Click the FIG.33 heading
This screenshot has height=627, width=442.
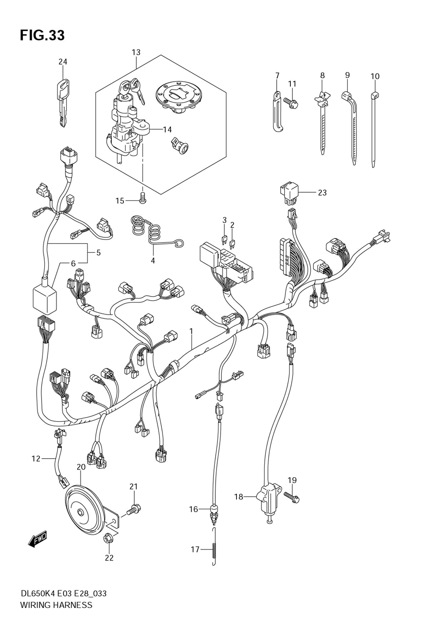click(42, 35)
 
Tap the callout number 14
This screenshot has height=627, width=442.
click(167, 129)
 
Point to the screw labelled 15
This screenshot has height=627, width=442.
click(142, 198)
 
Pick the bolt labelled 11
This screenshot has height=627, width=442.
click(292, 103)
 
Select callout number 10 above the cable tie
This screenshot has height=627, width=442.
click(375, 76)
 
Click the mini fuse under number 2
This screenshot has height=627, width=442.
click(232, 242)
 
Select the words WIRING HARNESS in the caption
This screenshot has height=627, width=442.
click(56, 604)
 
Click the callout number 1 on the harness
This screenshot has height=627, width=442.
click(192, 331)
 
